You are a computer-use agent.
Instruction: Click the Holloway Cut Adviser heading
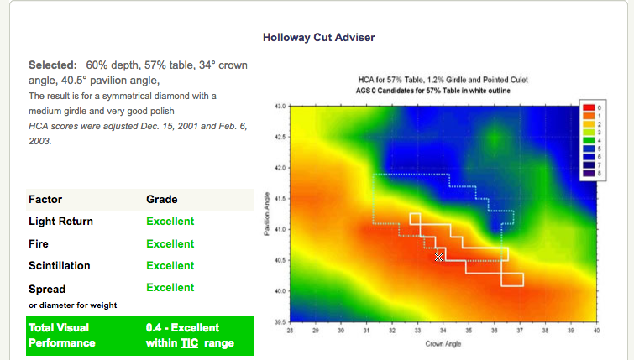(x=318, y=38)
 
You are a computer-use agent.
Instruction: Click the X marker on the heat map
(x=438, y=257)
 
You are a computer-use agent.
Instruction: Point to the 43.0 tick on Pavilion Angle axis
(x=280, y=107)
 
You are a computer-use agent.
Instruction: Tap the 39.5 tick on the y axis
(x=280, y=321)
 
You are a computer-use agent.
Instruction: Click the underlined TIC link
(x=189, y=343)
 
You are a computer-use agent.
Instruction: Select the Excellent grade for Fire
(x=170, y=244)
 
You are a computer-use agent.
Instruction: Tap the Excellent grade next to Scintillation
(x=170, y=266)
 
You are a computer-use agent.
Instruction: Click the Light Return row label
(x=60, y=222)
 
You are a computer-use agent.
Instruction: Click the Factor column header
(x=45, y=200)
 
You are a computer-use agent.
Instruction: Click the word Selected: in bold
(x=53, y=65)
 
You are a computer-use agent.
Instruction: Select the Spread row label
(x=47, y=288)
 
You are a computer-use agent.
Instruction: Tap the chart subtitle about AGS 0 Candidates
(x=443, y=90)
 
